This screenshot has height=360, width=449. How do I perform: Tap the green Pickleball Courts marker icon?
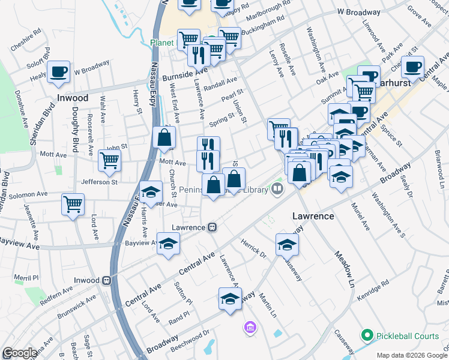point(367,334)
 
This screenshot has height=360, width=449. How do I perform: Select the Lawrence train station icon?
point(212,228)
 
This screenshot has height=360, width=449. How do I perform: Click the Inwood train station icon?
point(107,280)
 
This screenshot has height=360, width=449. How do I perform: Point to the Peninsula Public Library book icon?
point(277,189)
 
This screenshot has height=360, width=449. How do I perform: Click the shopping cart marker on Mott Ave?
point(109,160)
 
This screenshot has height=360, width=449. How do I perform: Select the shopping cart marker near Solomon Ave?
point(73,203)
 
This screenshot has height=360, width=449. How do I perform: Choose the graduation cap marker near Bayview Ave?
point(169,244)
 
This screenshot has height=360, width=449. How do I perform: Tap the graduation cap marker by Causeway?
point(288,244)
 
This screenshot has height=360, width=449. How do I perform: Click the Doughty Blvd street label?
point(75,136)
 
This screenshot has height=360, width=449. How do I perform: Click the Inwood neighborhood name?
point(72,98)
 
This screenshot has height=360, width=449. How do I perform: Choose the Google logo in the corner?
point(20,352)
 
